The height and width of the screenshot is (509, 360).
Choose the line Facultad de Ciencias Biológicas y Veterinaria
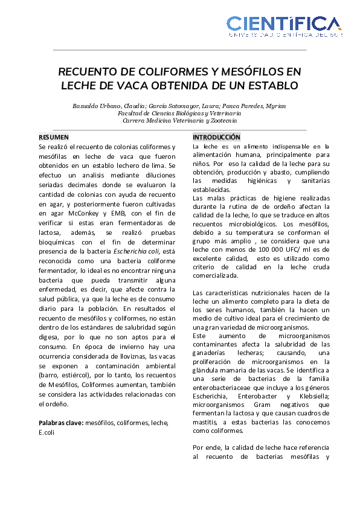pyautogui.click(x=179, y=113)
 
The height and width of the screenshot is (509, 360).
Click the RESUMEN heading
pyautogui.click(x=54, y=137)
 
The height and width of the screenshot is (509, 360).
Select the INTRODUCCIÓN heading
pyautogui.click(x=216, y=137)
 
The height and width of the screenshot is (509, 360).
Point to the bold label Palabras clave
pyautogui.click(x=60, y=423)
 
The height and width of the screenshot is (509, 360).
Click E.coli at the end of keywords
pyautogui.click(x=47, y=432)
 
